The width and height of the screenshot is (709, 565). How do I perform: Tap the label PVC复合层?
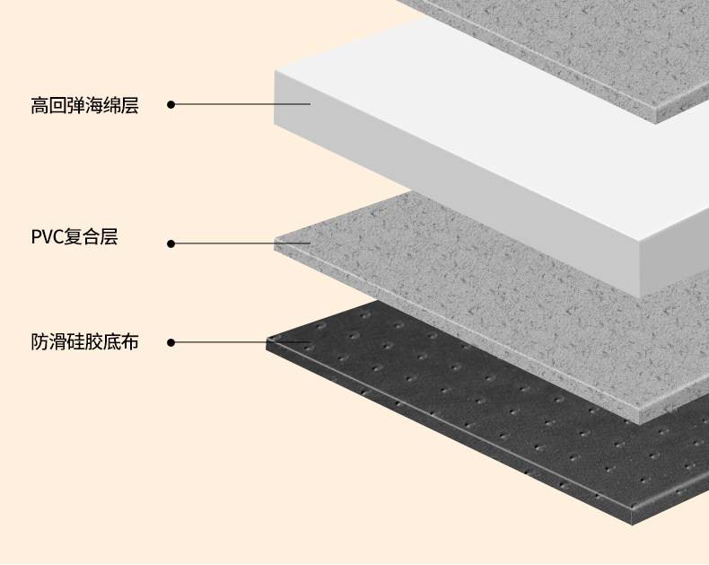click(74, 238)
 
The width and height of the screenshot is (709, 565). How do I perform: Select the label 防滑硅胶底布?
click(84, 342)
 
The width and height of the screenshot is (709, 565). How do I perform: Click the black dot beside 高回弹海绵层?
click(171, 104)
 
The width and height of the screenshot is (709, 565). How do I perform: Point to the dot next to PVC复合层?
click(171, 243)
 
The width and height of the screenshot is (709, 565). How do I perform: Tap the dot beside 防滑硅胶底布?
click(171, 342)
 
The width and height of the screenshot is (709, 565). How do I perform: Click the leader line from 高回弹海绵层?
click(242, 104)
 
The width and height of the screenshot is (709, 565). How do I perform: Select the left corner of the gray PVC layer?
click(276, 242)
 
